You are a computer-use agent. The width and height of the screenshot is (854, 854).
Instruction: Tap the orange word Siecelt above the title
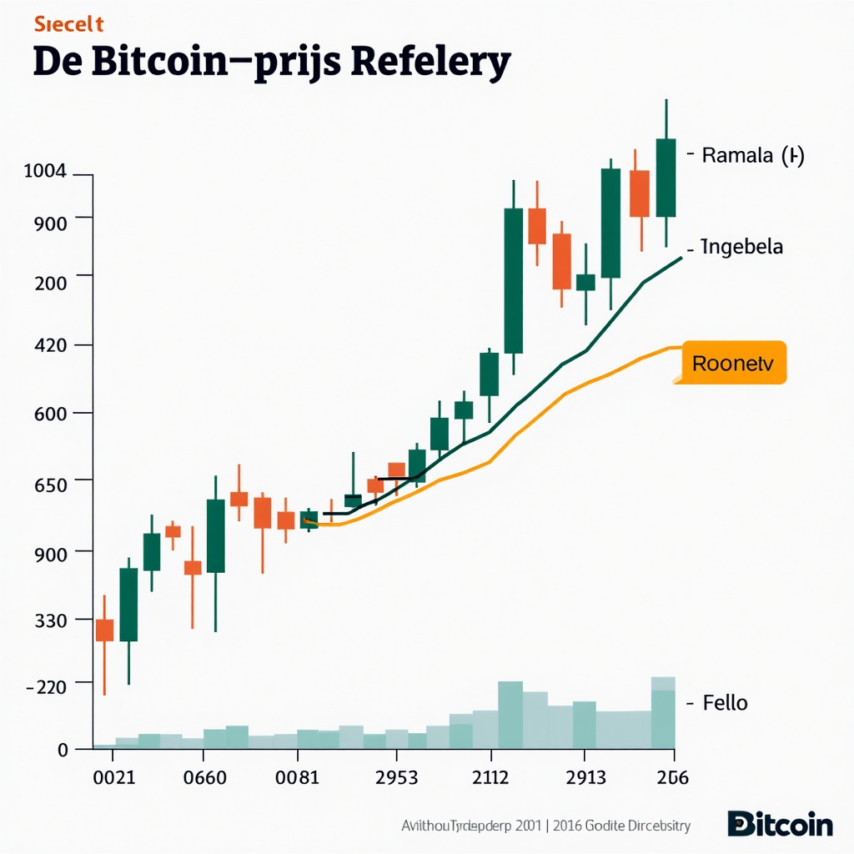coord(68,25)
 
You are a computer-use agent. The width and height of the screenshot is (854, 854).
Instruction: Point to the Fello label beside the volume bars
coord(726,703)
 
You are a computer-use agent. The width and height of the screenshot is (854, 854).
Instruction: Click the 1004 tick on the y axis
coord(45,172)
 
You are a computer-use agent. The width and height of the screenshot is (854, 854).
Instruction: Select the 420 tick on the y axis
coord(52,345)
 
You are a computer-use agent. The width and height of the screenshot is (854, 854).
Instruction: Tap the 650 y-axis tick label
coord(52,481)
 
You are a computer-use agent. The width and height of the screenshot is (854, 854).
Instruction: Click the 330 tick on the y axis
coord(52,620)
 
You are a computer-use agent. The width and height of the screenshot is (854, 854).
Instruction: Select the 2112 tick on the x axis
coord(490,777)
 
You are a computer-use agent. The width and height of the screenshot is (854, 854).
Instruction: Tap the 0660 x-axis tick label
coord(203,777)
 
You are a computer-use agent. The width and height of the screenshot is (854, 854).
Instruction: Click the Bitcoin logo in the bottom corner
coord(780,824)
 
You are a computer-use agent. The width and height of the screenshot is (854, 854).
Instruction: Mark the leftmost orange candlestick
coord(104,630)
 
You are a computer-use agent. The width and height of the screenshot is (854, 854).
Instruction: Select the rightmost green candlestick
coord(666,178)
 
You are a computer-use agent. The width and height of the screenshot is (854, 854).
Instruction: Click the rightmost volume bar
coord(663,713)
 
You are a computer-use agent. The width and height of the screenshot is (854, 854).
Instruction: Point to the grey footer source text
coord(546,826)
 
